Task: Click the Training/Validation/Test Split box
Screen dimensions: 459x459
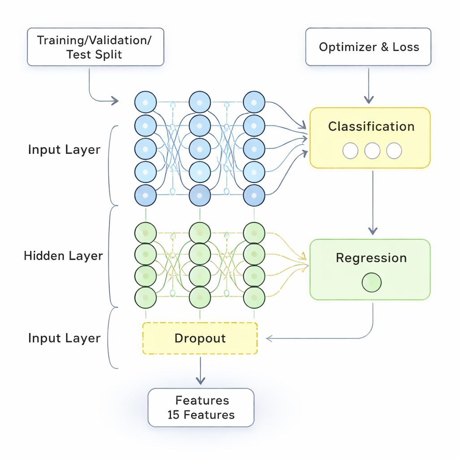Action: (95, 47)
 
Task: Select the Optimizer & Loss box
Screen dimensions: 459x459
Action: (368, 47)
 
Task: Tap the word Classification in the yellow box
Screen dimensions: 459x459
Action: (371, 126)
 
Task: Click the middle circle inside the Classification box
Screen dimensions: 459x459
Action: (372, 151)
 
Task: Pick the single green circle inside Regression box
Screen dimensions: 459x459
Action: (371, 282)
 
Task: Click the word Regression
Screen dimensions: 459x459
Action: (371, 258)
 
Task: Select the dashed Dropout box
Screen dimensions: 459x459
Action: (200, 338)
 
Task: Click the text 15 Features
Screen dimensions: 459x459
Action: (201, 415)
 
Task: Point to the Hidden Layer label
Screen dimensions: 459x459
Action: (63, 256)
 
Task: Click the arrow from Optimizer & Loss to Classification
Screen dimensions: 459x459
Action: (368, 85)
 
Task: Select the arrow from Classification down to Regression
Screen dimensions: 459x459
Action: (372, 202)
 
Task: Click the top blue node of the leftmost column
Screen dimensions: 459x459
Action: (146, 102)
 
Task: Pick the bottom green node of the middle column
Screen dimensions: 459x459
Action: (200, 297)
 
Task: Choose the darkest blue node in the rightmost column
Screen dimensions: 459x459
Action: (254, 195)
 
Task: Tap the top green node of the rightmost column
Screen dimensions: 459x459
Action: (254, 233)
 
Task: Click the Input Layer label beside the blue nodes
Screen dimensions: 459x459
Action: (64, 149)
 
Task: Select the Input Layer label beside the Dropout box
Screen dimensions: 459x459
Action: (64, 338)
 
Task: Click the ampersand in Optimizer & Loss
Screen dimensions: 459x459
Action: (384, 47)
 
